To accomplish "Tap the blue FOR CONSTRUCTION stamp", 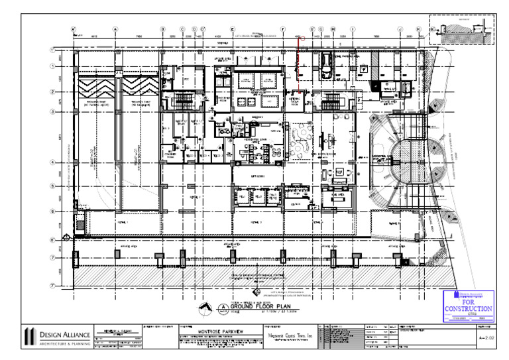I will (468, 306).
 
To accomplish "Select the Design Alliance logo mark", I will (29, 335).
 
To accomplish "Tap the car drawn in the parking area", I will (326, 64).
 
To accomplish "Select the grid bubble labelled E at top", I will (233, 29).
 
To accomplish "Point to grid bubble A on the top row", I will (116, 29).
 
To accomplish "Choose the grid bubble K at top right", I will (418, 29).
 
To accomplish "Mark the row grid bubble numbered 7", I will (52, 257).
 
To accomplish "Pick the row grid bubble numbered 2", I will (52, 92).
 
